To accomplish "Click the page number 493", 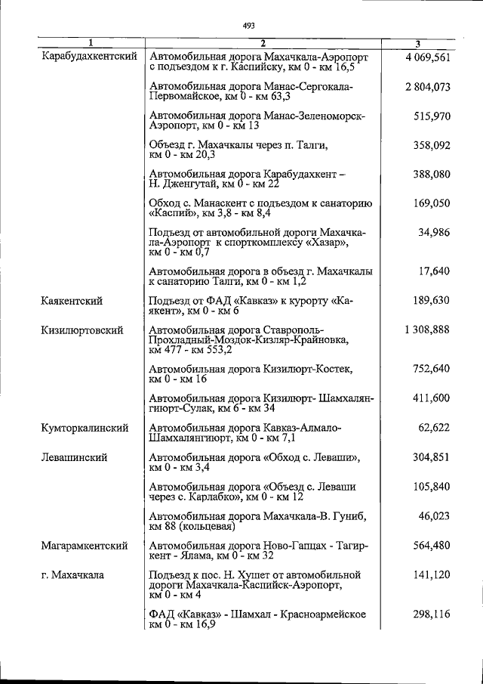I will (248, 26).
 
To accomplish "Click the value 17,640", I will (435, 271).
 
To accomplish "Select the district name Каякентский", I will (72, 301).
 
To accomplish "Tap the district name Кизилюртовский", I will (82, 330).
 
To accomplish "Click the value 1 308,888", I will (427, 330).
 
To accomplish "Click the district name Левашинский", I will (74, 457).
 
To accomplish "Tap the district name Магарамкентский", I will (85, 545).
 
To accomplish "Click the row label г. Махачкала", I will (73, 574).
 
